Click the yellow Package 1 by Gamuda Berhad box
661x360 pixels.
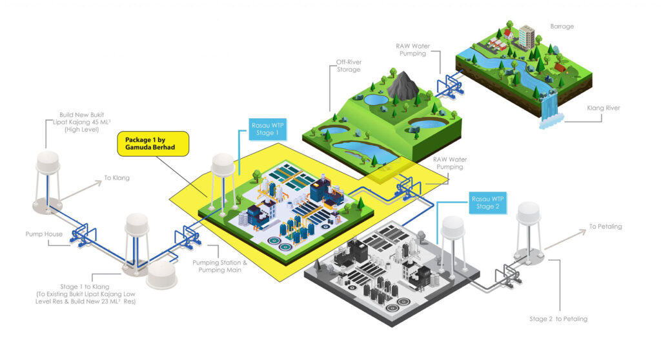pyautogui.click(x=153, y=143)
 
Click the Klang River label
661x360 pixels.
pyautogui.click(x=603, y=108)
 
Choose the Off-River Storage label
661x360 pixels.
pyautogui.click(x=348, y=66)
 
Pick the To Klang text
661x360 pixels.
pyautogui.click(x=117, y=177)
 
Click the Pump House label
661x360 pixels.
pyautogui.click(x=44, y=234)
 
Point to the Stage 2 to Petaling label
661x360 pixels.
pyautogui.click(x=558, y=319)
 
